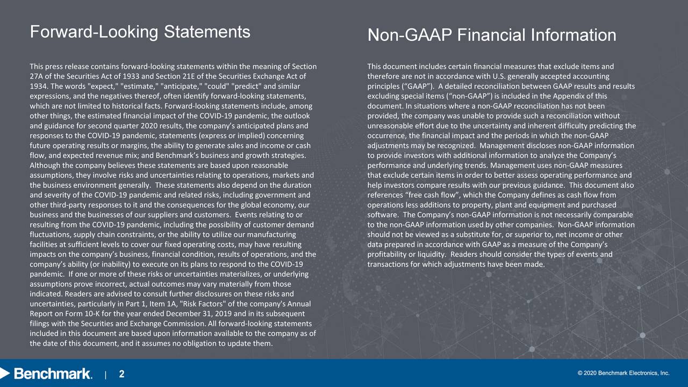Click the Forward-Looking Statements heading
coord(140,32)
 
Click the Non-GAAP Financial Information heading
coord(491,35)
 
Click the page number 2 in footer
coord(121,374)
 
